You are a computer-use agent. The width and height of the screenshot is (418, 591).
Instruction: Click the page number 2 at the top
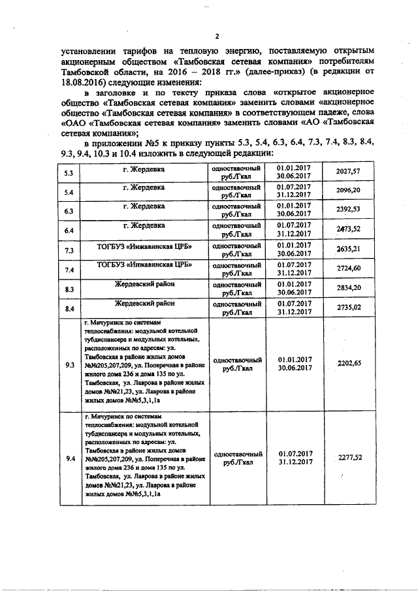pos(216,36)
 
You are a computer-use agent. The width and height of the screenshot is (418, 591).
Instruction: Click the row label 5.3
pos(69,173)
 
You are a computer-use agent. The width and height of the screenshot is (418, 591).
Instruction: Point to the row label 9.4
pos(69,458)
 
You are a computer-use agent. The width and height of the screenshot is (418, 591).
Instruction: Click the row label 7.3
pos(69,250)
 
